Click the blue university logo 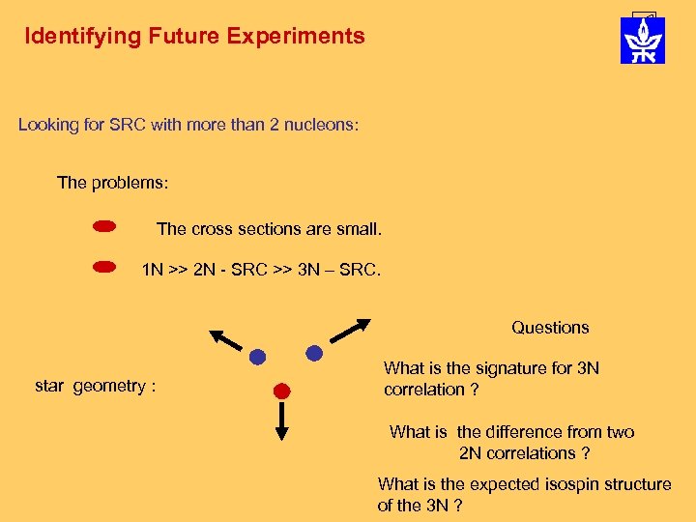coord(643,40)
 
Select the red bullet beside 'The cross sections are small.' coord(104,227)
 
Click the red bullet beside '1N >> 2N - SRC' coord(104,264)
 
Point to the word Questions coord(550,328)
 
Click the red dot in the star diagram coord(281,391)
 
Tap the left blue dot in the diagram coord(257,357)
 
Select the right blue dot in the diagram coord(313,354)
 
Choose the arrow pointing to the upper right coord(349,330)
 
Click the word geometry coord(110,387)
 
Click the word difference coord(526,432)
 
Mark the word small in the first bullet coord(357,229)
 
